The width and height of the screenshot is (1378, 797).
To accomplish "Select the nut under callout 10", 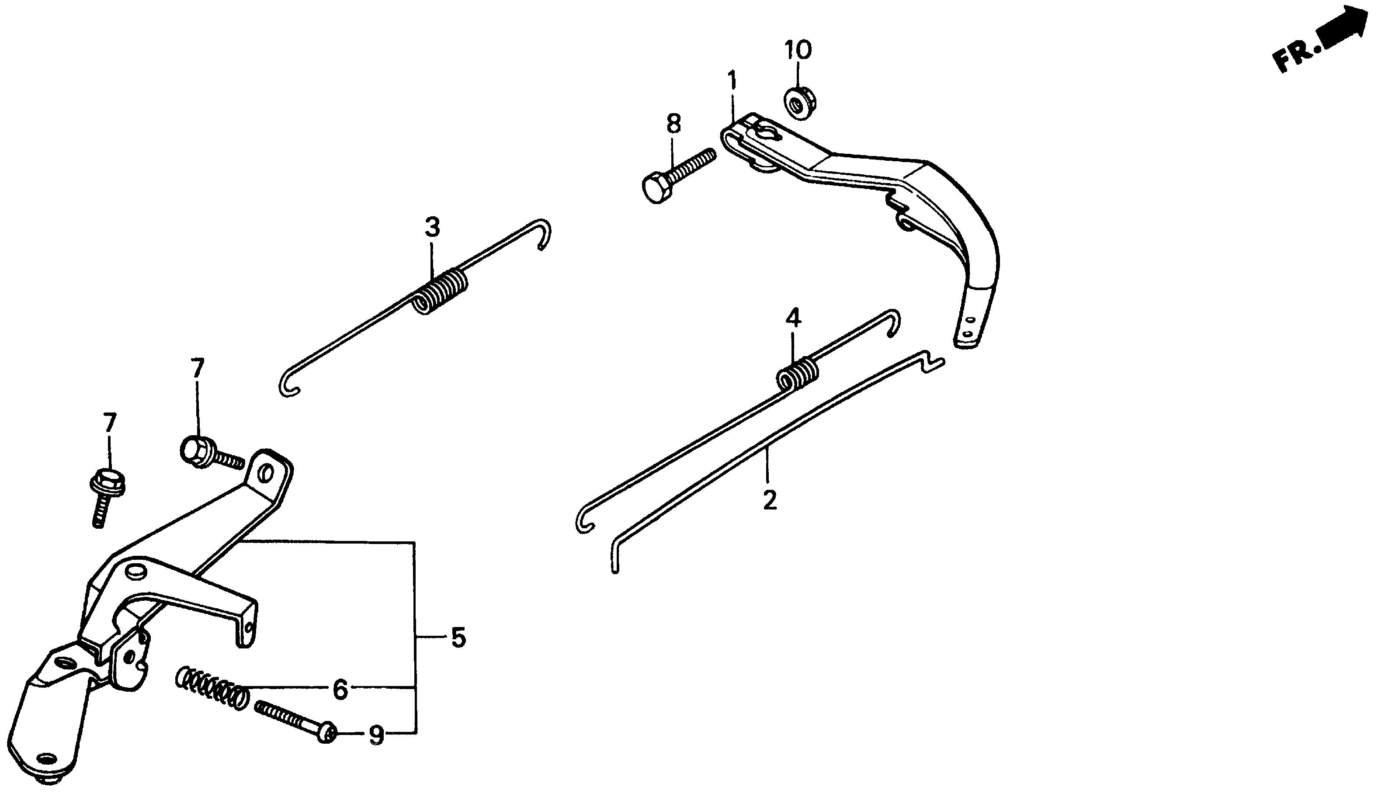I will coord(799,102).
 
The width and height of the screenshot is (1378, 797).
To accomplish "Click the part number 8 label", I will coord(673,124).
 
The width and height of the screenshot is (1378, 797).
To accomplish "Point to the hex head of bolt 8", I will coord(655,189).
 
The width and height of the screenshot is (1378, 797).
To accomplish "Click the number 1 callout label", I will coord(732,81).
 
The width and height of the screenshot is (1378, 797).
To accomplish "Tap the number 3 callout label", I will coord(432,227).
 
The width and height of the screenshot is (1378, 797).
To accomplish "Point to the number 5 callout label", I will coord(458,638).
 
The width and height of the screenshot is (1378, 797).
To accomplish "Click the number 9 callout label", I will coord(376,736).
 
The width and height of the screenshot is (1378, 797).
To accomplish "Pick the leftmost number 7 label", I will coord(109,423).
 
